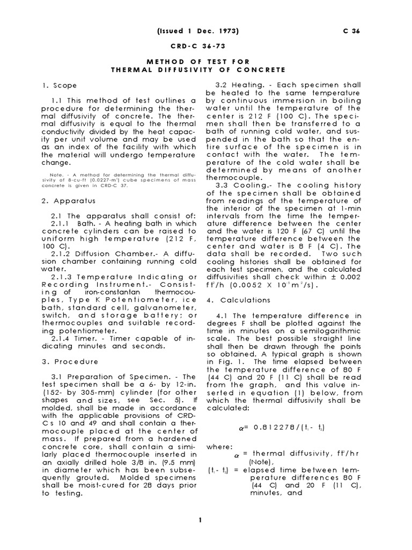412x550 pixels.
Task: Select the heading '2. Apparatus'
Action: click(x=69, y=201)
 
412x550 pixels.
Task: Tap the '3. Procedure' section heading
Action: click(x=70, y=361)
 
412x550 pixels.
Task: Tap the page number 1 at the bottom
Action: click(x=199, y=520)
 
